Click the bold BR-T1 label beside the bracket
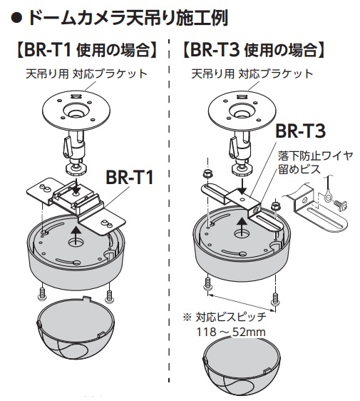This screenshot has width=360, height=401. coord(130,177)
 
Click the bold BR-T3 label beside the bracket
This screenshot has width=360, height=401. coord(300,131)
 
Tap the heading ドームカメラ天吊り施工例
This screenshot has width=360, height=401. coord(127,18)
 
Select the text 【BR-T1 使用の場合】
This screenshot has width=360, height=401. coord(86,50)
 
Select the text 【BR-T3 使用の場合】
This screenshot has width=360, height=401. coord(254,50)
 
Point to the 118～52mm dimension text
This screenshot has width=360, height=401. coord(231,333)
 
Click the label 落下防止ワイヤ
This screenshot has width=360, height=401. coord(316,156)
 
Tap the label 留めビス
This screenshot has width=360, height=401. coord(299,169)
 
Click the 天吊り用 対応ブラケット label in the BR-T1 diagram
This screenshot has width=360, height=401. coord(87,74)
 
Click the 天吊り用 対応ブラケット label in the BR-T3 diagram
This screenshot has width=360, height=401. coord(252,74)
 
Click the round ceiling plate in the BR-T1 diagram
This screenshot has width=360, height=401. coord(77,111)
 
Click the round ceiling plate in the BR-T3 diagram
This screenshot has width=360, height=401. coord(242,111)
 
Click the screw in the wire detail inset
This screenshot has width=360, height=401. coord(340,205)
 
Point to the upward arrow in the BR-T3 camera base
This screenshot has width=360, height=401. coord(240,225)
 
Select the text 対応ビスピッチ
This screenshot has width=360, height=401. coord(231,318)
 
